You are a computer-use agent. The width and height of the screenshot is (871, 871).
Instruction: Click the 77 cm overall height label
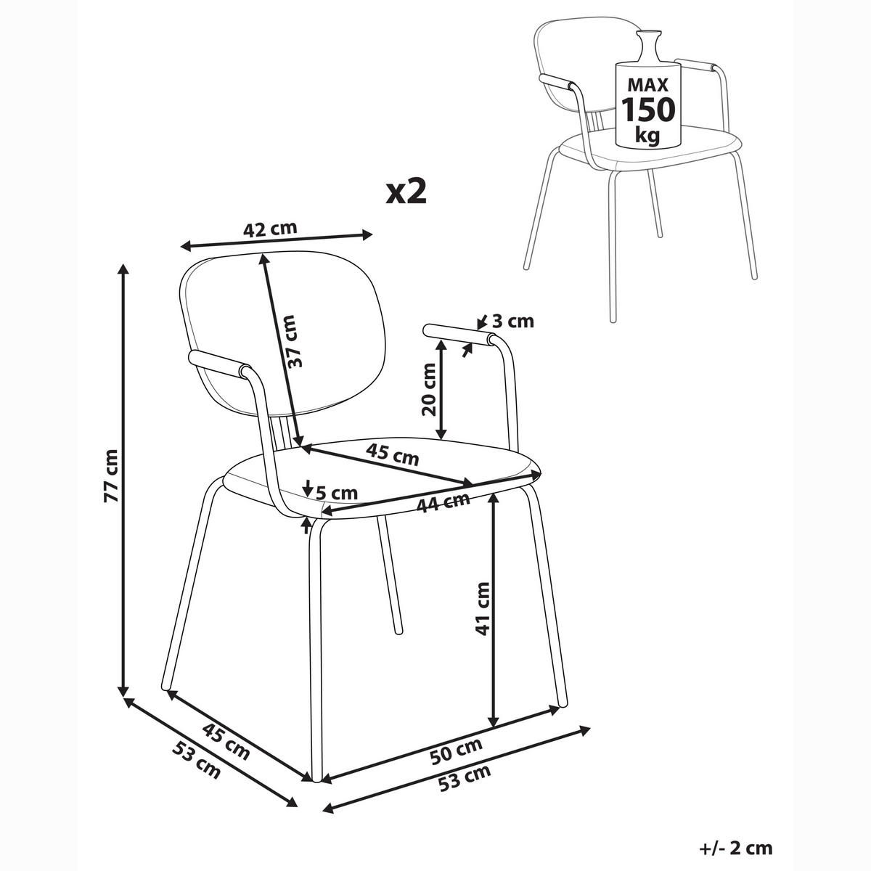(x=112, y=475)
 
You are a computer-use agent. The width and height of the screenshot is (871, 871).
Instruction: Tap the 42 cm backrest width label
(x=270, y=229)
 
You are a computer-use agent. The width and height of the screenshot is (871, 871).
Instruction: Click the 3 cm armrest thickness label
(x=512, y=322)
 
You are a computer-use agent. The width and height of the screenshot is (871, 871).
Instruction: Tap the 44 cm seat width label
(x=443, y=504)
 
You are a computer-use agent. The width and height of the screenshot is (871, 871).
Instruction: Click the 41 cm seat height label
(x=483, y=609)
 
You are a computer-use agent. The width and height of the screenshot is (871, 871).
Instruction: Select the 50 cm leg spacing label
(x=456, y=751)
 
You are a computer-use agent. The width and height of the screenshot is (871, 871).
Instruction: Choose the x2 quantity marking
(x=406, y=192)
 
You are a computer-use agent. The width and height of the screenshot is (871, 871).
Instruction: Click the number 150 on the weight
(x=648, y=109)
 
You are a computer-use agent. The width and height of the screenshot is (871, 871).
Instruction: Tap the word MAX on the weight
(x=647, y=84)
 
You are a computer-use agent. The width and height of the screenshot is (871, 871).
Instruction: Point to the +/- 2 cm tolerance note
(x=736, y=848)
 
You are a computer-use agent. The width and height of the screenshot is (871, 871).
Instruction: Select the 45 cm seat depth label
(x=392, y=454)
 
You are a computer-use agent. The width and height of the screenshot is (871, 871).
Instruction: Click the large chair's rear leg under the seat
(x=389, y=574)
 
